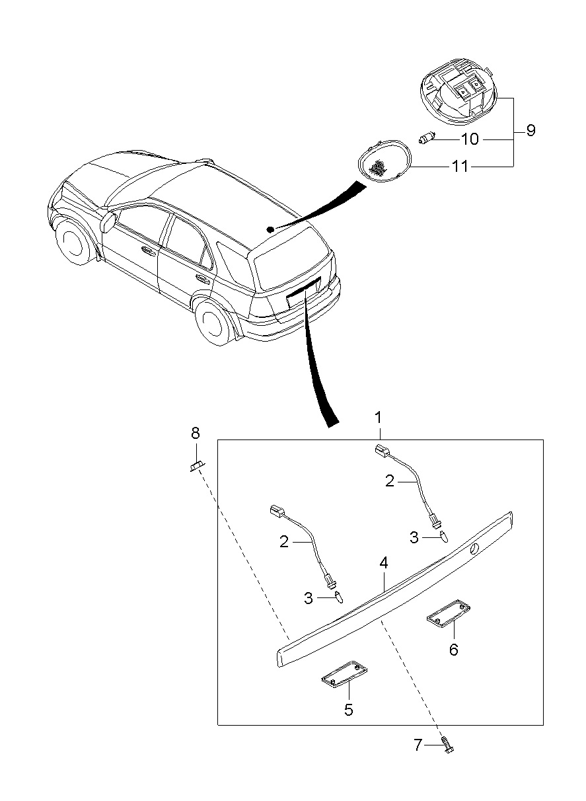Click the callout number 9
pos(531,130)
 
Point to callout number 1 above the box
pos(379,418)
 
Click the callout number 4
pos(384,563)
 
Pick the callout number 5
pos(348,710)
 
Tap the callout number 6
pos(453,650)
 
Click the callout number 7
pos(418,745)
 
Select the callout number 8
pos(195,434)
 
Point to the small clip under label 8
pos(196,467)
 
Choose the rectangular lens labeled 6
pos(447,613)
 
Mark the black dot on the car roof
pos(270,229)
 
